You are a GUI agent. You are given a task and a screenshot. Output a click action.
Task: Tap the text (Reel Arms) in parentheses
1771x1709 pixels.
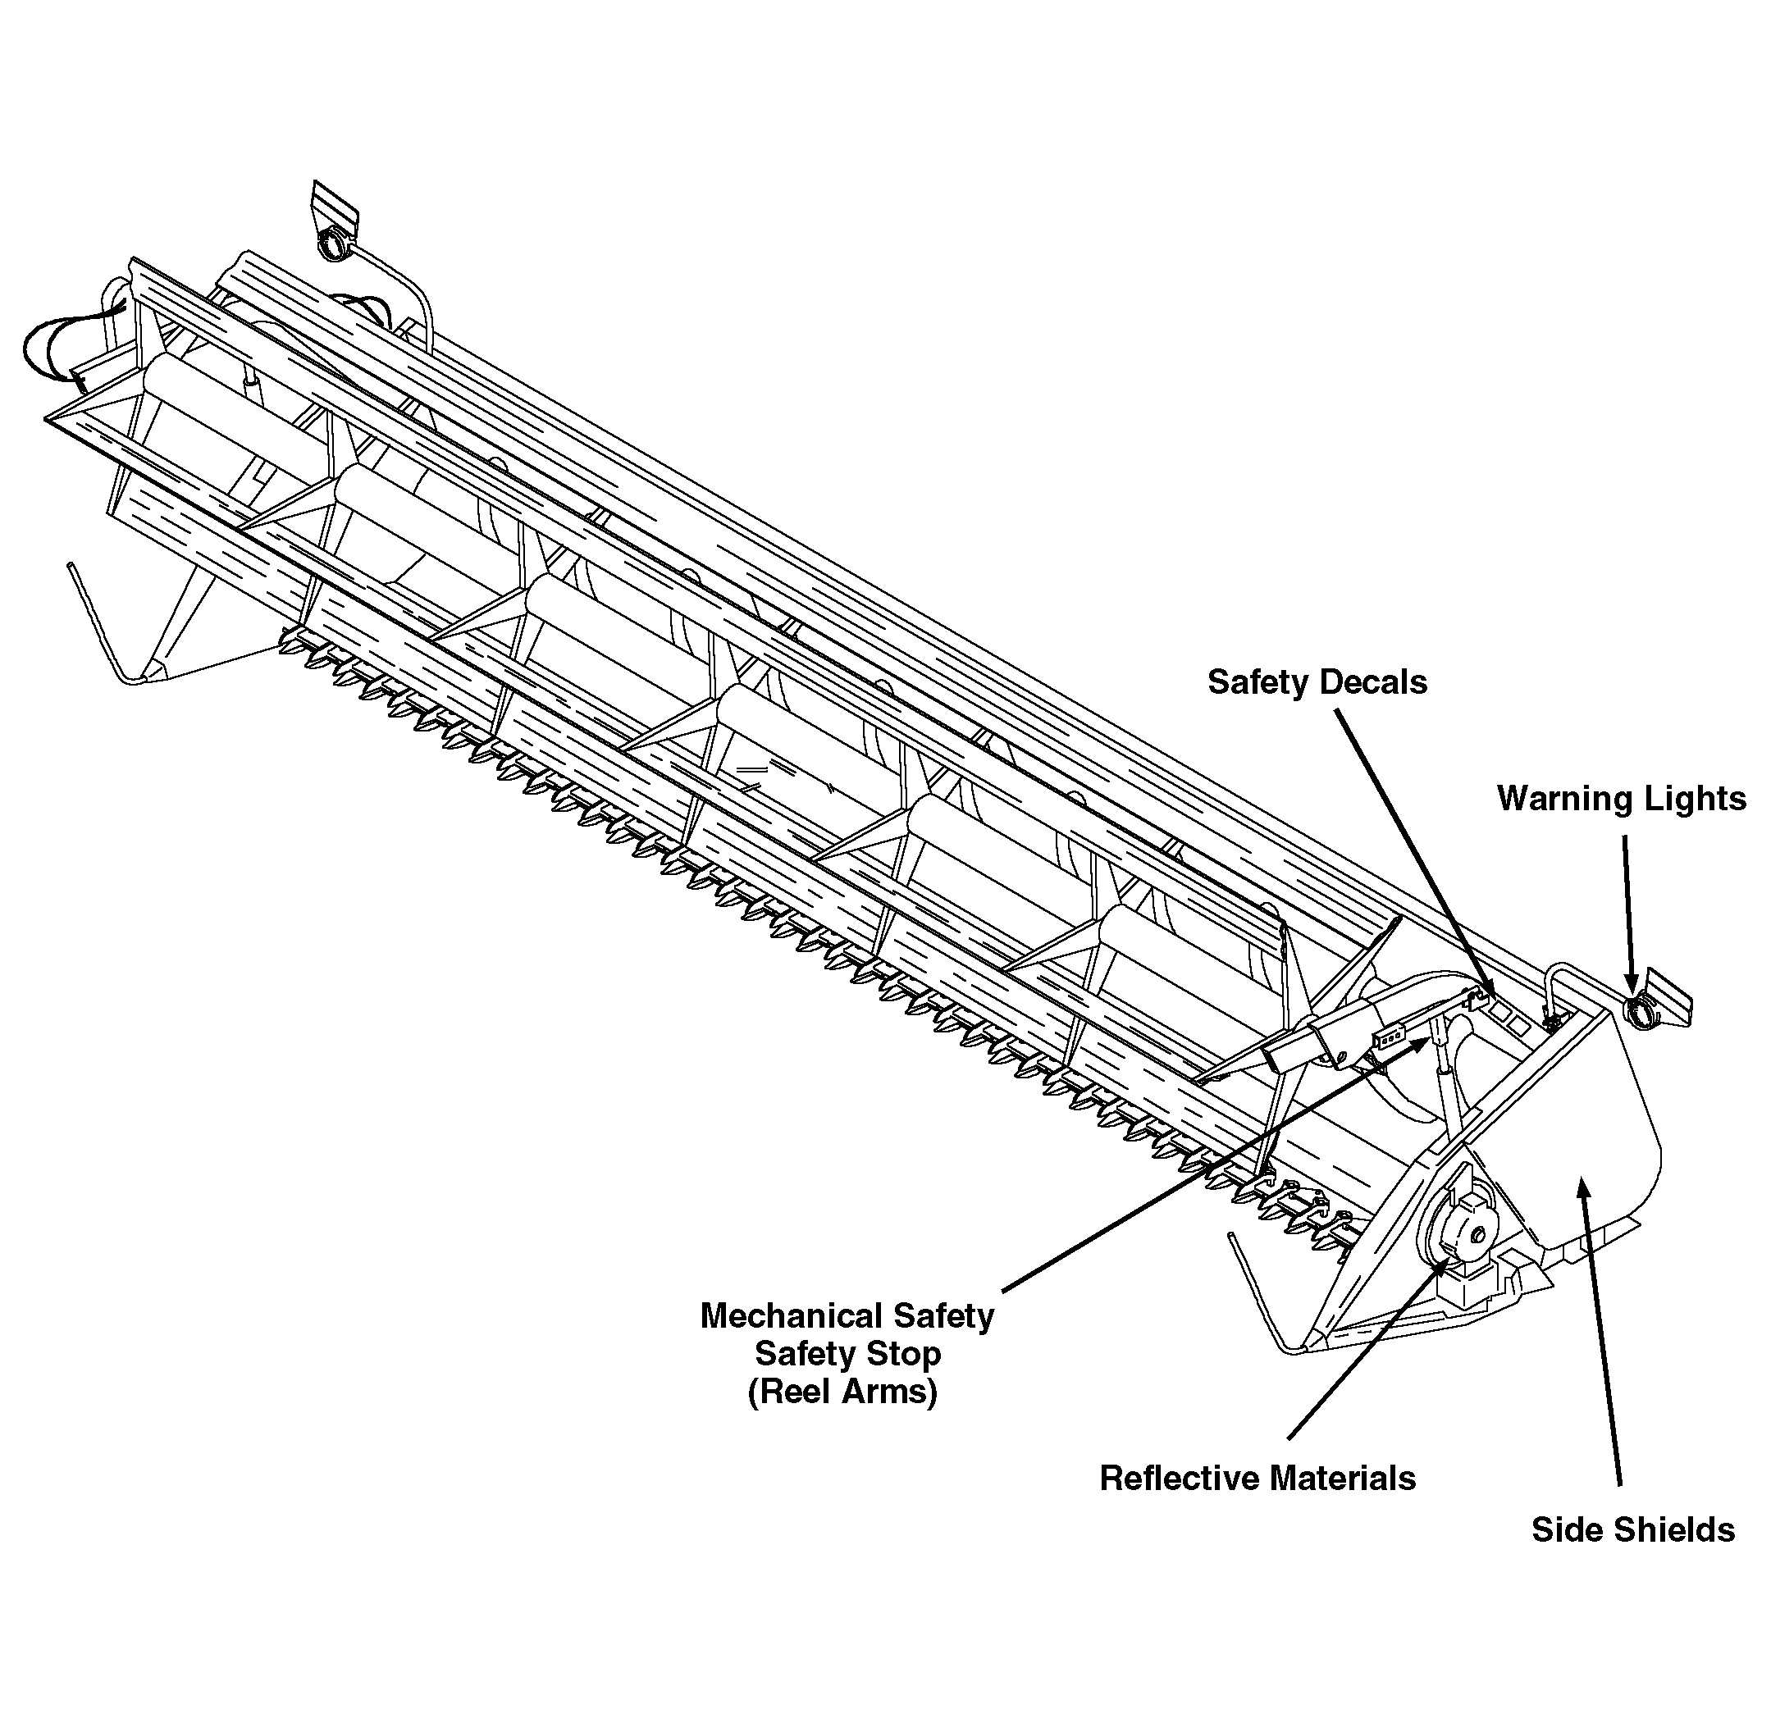click(x=842, y=1391)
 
